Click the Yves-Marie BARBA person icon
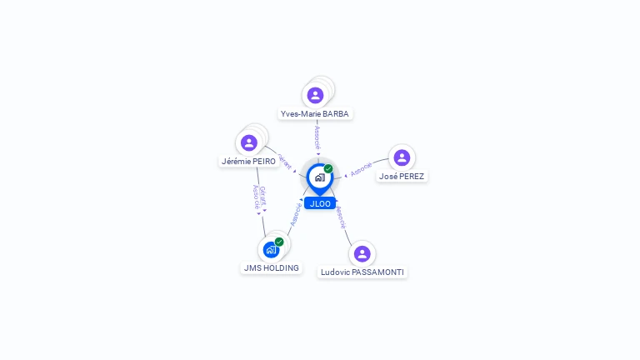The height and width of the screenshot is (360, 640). pos(315,95)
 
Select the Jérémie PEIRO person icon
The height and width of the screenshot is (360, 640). pos(248,142)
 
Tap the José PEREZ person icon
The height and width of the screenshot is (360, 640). pos(402,157)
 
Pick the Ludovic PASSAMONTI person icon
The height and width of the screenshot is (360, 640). pos(362,253)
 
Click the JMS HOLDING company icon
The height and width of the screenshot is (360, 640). pos(271,249)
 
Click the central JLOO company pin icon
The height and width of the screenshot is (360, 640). pos(318,177)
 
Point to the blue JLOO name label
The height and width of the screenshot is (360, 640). pos(320,203)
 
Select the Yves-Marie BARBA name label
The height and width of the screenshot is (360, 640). pos(315,113)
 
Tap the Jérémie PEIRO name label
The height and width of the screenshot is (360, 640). pos(248,161)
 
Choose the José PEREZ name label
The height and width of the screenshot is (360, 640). pos(402,176)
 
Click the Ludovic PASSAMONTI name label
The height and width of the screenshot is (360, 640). pos(362,272)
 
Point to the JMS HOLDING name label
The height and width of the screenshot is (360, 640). pos(271,267)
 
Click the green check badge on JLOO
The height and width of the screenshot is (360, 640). pos(328,168)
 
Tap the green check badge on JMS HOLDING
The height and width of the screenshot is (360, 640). pos(279,242)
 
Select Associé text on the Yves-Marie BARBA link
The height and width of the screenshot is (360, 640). pos(317,137)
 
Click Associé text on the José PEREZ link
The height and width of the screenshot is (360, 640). pos(362,169)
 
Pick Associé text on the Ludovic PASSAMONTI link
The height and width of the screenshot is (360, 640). pos(340,217)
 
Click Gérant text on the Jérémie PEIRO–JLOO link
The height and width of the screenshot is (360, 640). pos(284,160)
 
